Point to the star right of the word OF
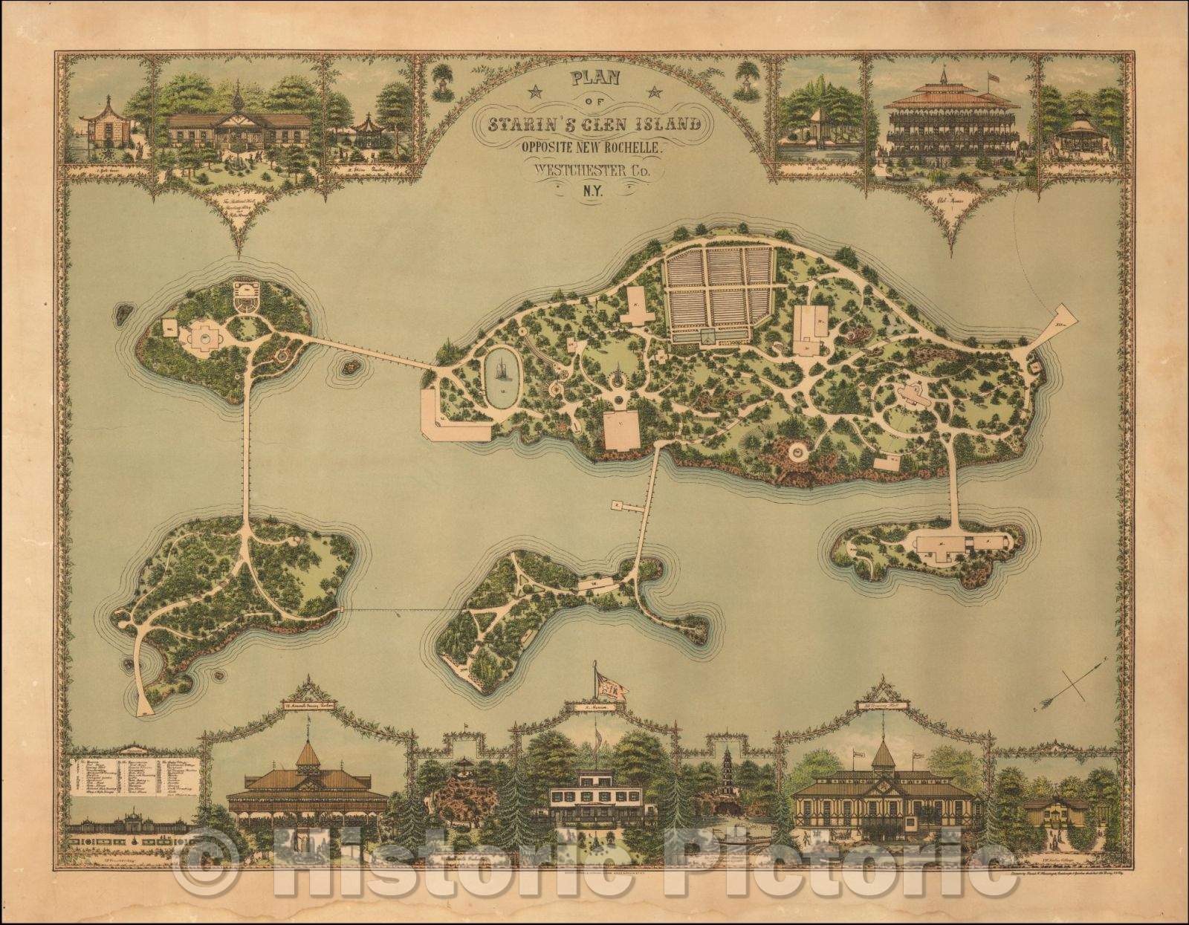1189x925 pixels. click(654, 93)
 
